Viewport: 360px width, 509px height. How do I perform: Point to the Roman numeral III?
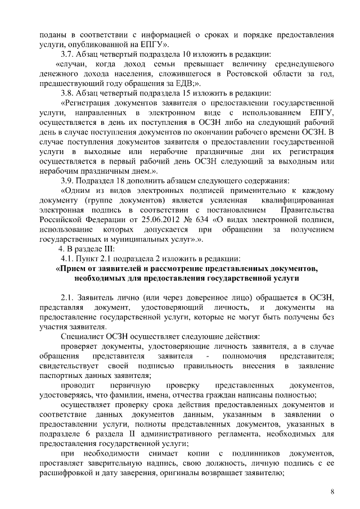coord(108,249)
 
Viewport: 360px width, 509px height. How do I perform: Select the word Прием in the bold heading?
coord(71,268)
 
